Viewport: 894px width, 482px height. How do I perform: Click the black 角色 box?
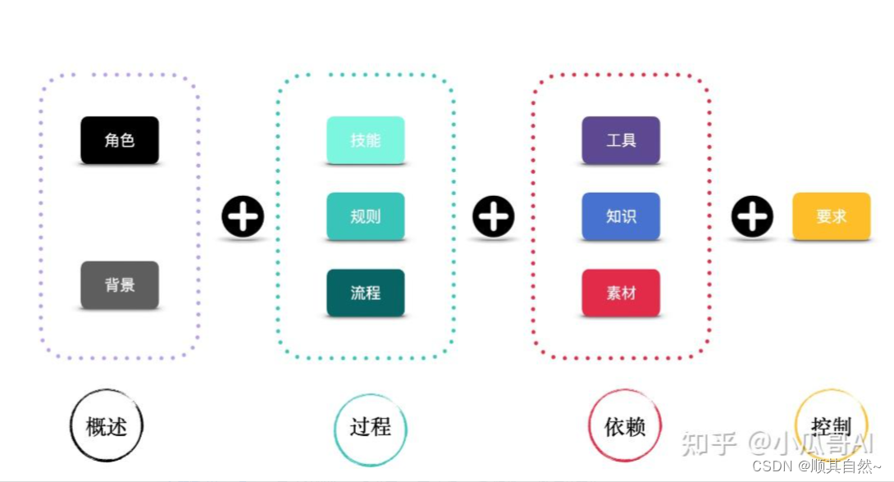pyautogui.click(x=120, y=140)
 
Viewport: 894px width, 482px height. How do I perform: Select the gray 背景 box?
pyautogui.click(x=120, y=285)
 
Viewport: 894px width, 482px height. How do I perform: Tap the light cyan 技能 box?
pyautogui.click(x=365, y=140)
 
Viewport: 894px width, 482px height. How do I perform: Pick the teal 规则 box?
pyautogui.click(x=365, y=216)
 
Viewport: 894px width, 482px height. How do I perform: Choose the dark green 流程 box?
pyautogui.click(x=365, y=293)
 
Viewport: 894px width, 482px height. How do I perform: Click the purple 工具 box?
pyautogui.click(x=621, y=140)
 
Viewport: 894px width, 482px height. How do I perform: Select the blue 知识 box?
pyautogui.click(x=621, y=216)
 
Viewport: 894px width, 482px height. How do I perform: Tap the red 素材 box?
pyautogui.click(x=621, y=293)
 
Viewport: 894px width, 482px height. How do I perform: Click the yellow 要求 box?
pyautogui.click(x=831, y=216)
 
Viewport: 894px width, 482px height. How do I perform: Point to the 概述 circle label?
pyautogui.click(x=107, y=426)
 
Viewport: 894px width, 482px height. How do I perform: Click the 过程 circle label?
pyautogui.click(x=370, y=427)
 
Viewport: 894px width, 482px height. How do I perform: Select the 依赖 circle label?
pyautogui.click(x=625, y=426)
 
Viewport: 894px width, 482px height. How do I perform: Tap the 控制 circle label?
pyautogui.click(x=831, y=426)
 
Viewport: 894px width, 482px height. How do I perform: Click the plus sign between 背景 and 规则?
pyautogui.click(x=243, y=217)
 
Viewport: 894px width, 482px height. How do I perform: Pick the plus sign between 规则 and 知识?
pyautogui.click(x=493, y=217)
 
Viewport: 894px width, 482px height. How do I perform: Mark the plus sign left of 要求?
pyautogui.click(x=752, y=217)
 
